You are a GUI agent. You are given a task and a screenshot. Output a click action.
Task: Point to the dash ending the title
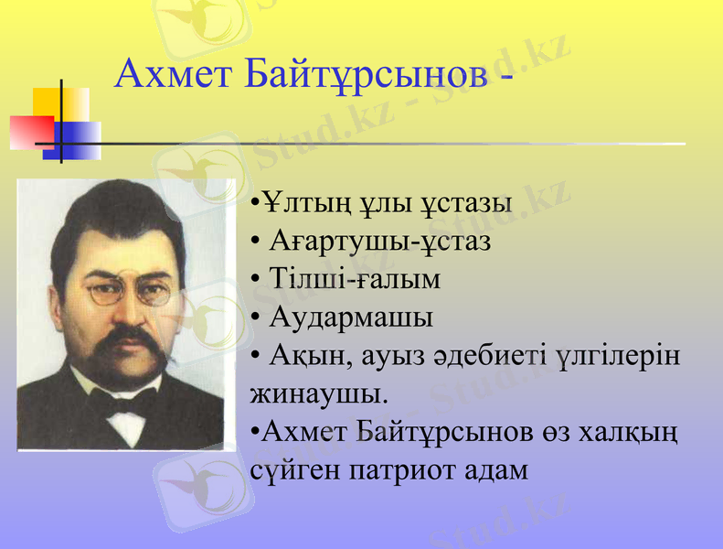(505, 77)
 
